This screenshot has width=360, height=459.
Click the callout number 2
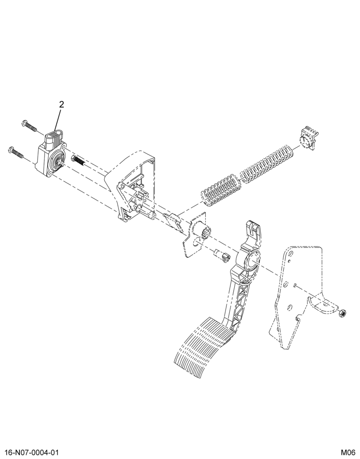click(x=61, y=105)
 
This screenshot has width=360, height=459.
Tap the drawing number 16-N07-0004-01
click(x=29, y=452)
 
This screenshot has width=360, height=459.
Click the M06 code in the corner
click(x=348, y=452)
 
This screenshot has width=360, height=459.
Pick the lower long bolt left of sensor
click(x=17, y=152)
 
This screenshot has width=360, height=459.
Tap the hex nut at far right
click(x=342, y=313)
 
